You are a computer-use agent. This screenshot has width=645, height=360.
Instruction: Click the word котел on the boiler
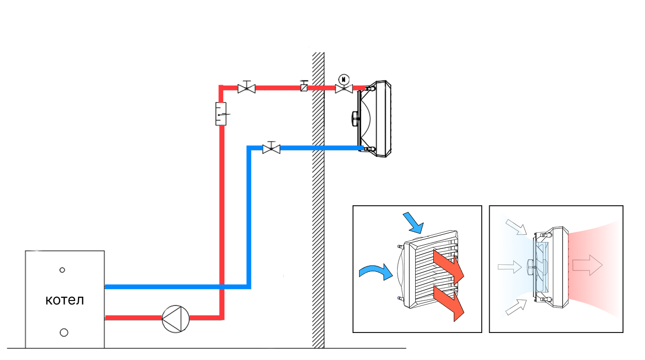tap(65, 300)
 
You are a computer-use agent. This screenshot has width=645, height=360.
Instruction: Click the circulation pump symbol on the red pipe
tap(176, 317)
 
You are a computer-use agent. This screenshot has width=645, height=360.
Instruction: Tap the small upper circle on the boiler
tap(62, 270)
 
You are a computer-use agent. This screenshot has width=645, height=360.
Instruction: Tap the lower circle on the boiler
tap(64, 332)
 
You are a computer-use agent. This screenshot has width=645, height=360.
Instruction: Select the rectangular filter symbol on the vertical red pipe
tap(221, 114)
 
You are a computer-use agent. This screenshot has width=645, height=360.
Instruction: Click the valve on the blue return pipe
tap(271, 148)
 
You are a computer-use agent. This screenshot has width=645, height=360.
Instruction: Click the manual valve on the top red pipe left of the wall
tap(246, 88)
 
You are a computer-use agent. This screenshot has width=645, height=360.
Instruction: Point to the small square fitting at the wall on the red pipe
tap(304, 87)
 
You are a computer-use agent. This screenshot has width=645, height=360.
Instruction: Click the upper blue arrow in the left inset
tap(413, 222)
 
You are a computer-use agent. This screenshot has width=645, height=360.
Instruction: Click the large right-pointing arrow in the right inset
tap(588, 264)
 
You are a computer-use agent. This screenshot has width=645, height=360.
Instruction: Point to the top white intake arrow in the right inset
tap(516, 226)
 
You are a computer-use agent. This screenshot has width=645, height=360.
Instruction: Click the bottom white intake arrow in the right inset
tap(516, 306)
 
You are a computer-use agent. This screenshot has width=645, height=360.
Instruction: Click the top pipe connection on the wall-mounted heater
tap(371, 88)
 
